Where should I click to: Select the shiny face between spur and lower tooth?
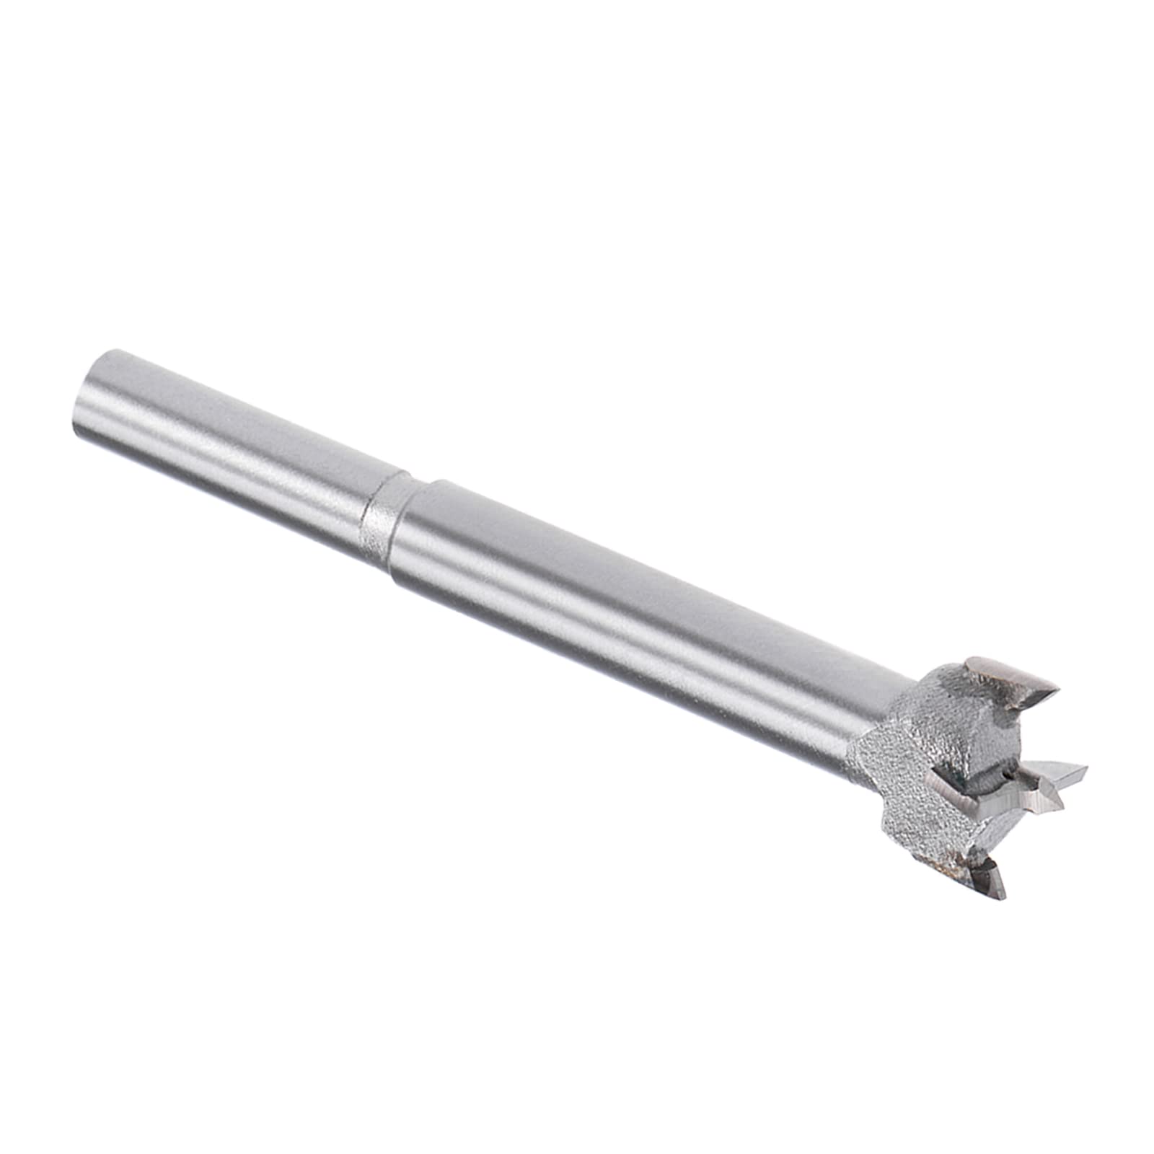coord(1003,837)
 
